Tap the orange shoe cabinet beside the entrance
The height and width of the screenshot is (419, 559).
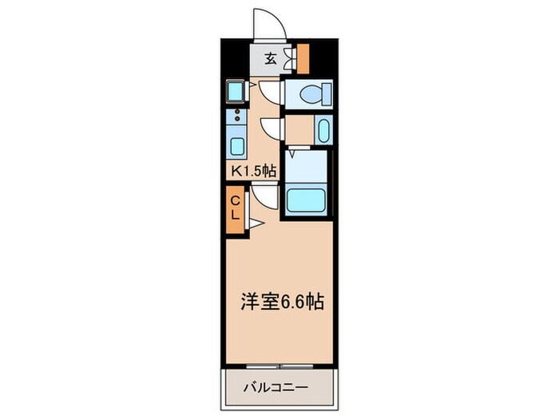pyautogui.click(x=303, y=57)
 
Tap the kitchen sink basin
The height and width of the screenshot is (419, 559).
pyautogui.click(x=237, y=146)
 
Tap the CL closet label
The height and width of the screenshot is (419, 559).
pyautogui.click(x=236, y=208)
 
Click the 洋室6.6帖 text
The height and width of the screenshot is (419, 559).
pyautogui.click(x=282, y=302)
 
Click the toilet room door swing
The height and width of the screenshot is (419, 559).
pyautogui.click(x=271, y=93)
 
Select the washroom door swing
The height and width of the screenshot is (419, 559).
pyautogui.click(x=271, y=128)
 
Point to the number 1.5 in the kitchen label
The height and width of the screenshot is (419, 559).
pyautogui.click(x=254, y=169)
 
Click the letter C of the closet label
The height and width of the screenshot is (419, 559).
pyautogui.click(x=236, y=200)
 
